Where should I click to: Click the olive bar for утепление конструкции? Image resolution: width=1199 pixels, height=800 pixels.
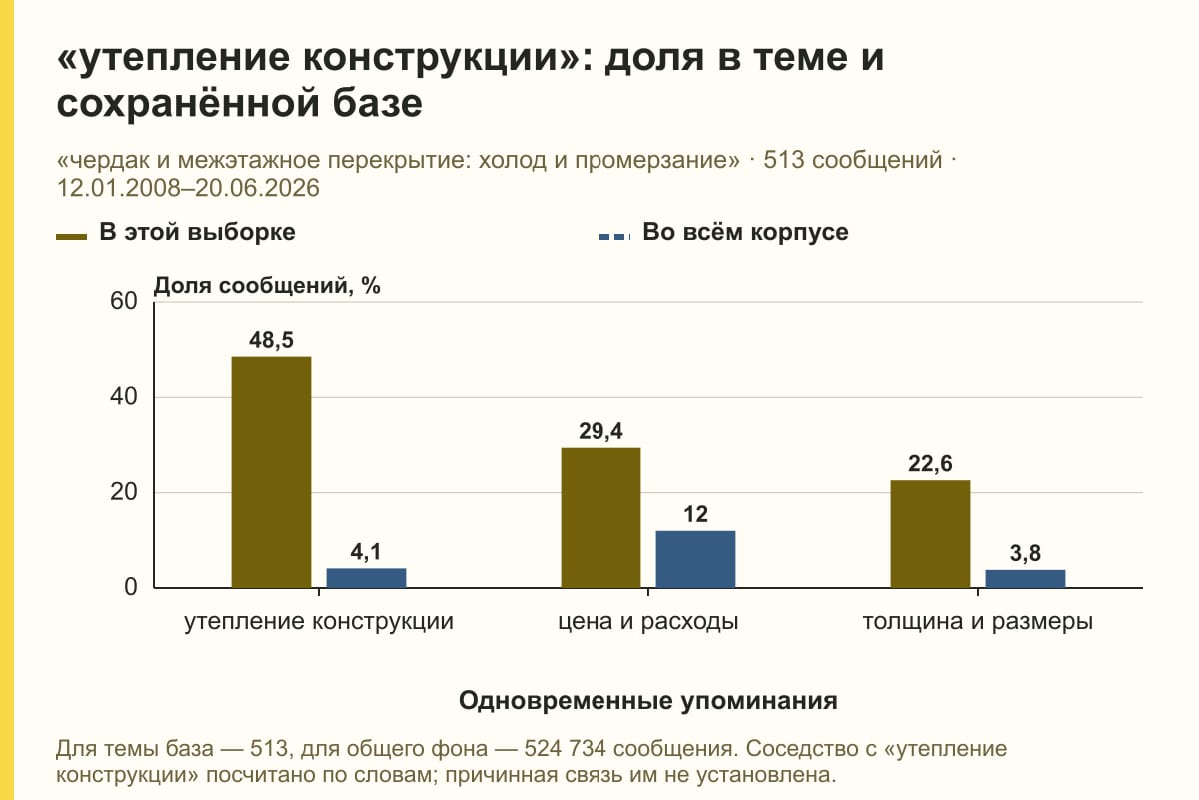271,472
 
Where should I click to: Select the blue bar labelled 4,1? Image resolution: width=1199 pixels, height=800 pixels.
366,578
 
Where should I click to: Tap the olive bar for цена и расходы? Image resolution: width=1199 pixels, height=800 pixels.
600,518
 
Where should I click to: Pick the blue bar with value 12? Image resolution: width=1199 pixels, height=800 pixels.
695,559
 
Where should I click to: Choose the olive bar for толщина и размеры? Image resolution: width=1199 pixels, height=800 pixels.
930,534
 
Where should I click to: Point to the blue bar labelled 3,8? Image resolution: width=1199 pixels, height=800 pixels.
1025,579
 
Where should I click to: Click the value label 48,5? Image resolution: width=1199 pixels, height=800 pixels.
271,340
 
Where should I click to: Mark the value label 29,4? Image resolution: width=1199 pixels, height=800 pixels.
600,431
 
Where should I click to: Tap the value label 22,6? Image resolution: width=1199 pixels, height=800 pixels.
930,463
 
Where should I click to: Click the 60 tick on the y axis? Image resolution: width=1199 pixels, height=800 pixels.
124,301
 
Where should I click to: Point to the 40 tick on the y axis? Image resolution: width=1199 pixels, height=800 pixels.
124,397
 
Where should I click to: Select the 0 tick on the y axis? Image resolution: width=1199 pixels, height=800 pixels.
131,587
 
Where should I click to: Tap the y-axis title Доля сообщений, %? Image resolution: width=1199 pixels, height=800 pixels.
267,286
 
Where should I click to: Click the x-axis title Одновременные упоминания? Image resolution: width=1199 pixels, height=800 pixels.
648,701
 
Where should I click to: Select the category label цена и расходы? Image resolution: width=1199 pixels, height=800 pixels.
648,622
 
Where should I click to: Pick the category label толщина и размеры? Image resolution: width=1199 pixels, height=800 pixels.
978,622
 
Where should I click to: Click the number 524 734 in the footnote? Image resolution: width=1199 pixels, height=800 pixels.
565,749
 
